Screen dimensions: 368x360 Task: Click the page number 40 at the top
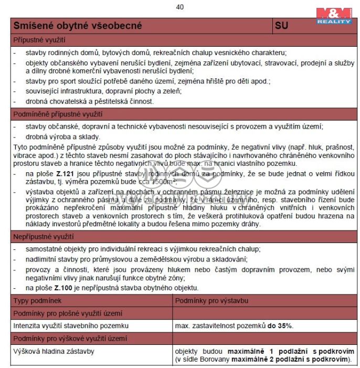(180, 7)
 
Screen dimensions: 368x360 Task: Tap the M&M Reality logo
(334, 15)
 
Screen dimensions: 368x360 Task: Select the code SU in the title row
(281, 26)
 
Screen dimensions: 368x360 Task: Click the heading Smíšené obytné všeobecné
(77, 26)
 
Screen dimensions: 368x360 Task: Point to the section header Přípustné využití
(39, 40)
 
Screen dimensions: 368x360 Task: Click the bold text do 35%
(280, 325)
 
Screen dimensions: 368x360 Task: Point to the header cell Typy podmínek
(37, 300)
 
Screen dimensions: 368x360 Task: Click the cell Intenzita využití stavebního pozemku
(71, 325)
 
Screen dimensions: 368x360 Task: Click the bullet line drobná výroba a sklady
(56, 136)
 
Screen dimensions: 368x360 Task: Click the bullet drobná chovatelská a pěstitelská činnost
(90, 101)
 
